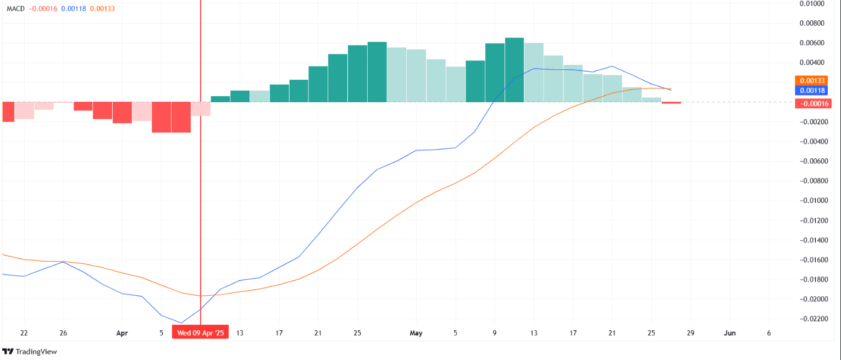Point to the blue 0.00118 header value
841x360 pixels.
(73, 9)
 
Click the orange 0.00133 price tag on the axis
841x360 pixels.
(815, 80)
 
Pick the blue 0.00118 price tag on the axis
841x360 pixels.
(815, 90)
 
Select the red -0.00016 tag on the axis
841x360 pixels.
(814, 103)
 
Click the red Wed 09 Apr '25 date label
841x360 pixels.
(201, 333)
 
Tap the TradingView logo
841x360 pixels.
(30, 351)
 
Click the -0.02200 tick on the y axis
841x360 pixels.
(814, 319)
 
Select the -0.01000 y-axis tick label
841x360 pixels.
(814, 201)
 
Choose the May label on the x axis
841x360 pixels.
(416, 333)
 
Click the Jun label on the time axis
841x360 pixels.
(729, 333)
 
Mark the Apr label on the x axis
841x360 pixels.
(123, 333)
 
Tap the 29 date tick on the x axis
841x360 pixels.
(690, 333)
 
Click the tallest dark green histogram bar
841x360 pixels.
(514, 70)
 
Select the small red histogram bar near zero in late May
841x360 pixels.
(672, 103)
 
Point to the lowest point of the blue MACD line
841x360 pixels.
(181, 323)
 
